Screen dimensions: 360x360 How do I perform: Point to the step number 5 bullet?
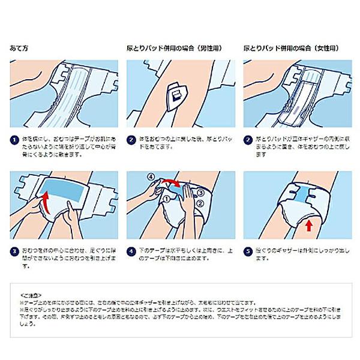pyautogui.click(x=248, y=246)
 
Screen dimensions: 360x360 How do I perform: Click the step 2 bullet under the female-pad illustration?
pyautogui.click(x=248, y=139)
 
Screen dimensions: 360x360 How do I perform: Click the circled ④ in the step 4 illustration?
pyautogui.click(x=152, y=178)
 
